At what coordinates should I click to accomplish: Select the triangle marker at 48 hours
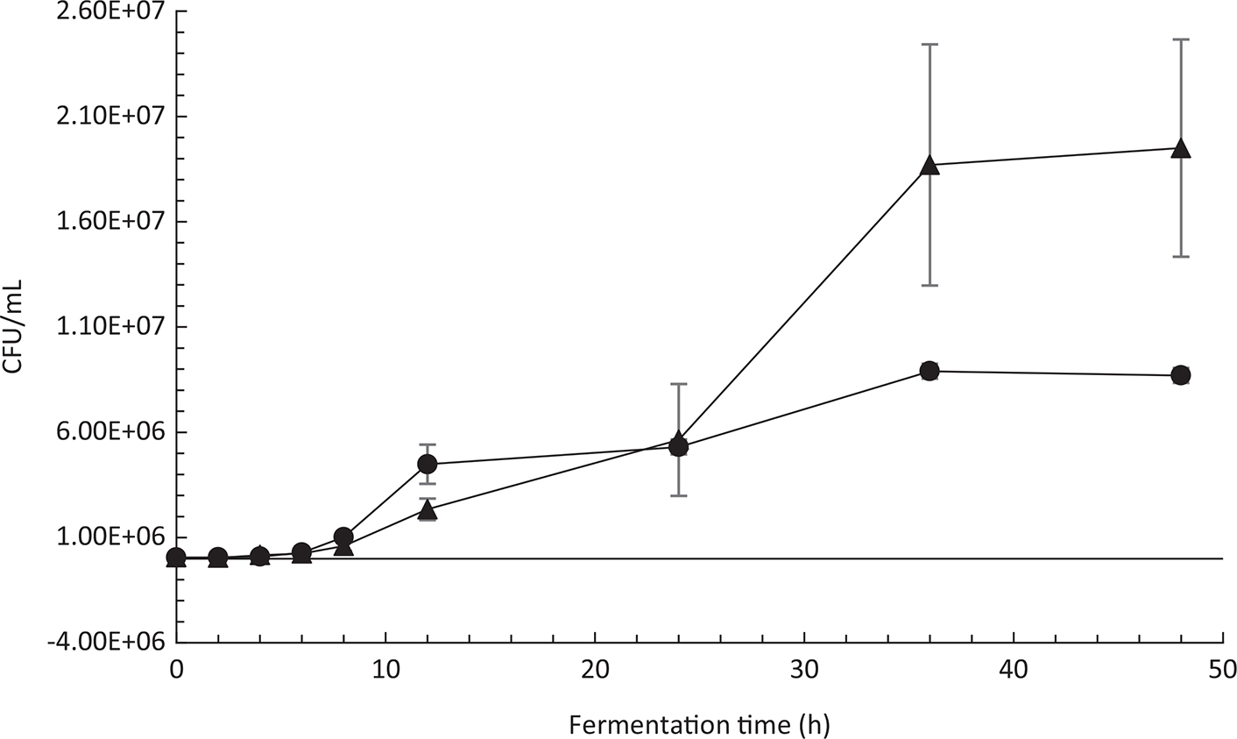pyautogui.click(x=1181, y=148)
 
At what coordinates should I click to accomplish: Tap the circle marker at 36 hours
pyautogui.click(x=930, y=372)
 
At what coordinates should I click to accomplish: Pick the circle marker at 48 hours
pyautogui.click(x=1181, y=375)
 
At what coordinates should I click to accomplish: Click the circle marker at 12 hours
pyautogui.click(x=428, y=464)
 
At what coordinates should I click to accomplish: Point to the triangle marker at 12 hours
pyautogui.click(x=428, y=510)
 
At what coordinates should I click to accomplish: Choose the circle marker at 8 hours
pyautogui.click(x=343, y=536)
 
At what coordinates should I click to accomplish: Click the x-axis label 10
pyautogui.click(x=385, y=671)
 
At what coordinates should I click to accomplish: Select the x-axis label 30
pyautogui.click(x=804, y=671)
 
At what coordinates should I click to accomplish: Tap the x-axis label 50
pyautogui.click(x=1223, y=671)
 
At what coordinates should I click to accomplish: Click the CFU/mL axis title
pyautogui.click(x=15, y=327)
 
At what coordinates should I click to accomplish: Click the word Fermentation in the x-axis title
pyautogui.click(x=634, y=725)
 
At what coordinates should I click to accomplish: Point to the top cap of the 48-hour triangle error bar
pyautogui.click(x=1181, y=39)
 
